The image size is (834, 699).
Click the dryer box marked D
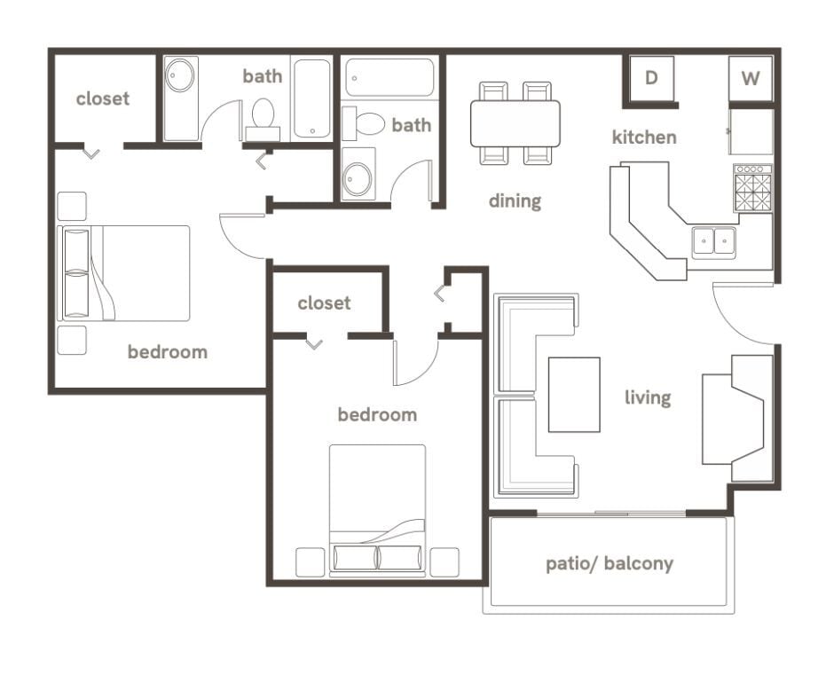tap(650, 78)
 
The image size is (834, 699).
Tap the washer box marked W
tap(751, 79)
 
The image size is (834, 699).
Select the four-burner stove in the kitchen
tap(752, 189)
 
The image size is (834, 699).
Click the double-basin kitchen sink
tap(714, 240)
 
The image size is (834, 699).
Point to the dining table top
tap(515, 123)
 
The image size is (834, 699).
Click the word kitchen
tap(644, 137)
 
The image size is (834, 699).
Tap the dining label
tap(515, 201)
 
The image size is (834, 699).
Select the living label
tap(647, 397)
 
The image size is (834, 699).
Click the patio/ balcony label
tap(609, 563)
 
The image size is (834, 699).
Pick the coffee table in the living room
tap(573, 394)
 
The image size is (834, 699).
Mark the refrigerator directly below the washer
tap(751, 132)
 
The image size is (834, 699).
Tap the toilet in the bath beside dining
tap(366, 122)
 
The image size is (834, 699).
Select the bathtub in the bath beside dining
tap(389, 77)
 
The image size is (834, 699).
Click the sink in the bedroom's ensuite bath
tap(181, 75)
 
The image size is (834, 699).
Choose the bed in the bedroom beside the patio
tap(377, 510)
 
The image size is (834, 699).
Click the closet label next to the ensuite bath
tap(103, 99)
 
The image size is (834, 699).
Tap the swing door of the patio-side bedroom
tap(415, 364)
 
